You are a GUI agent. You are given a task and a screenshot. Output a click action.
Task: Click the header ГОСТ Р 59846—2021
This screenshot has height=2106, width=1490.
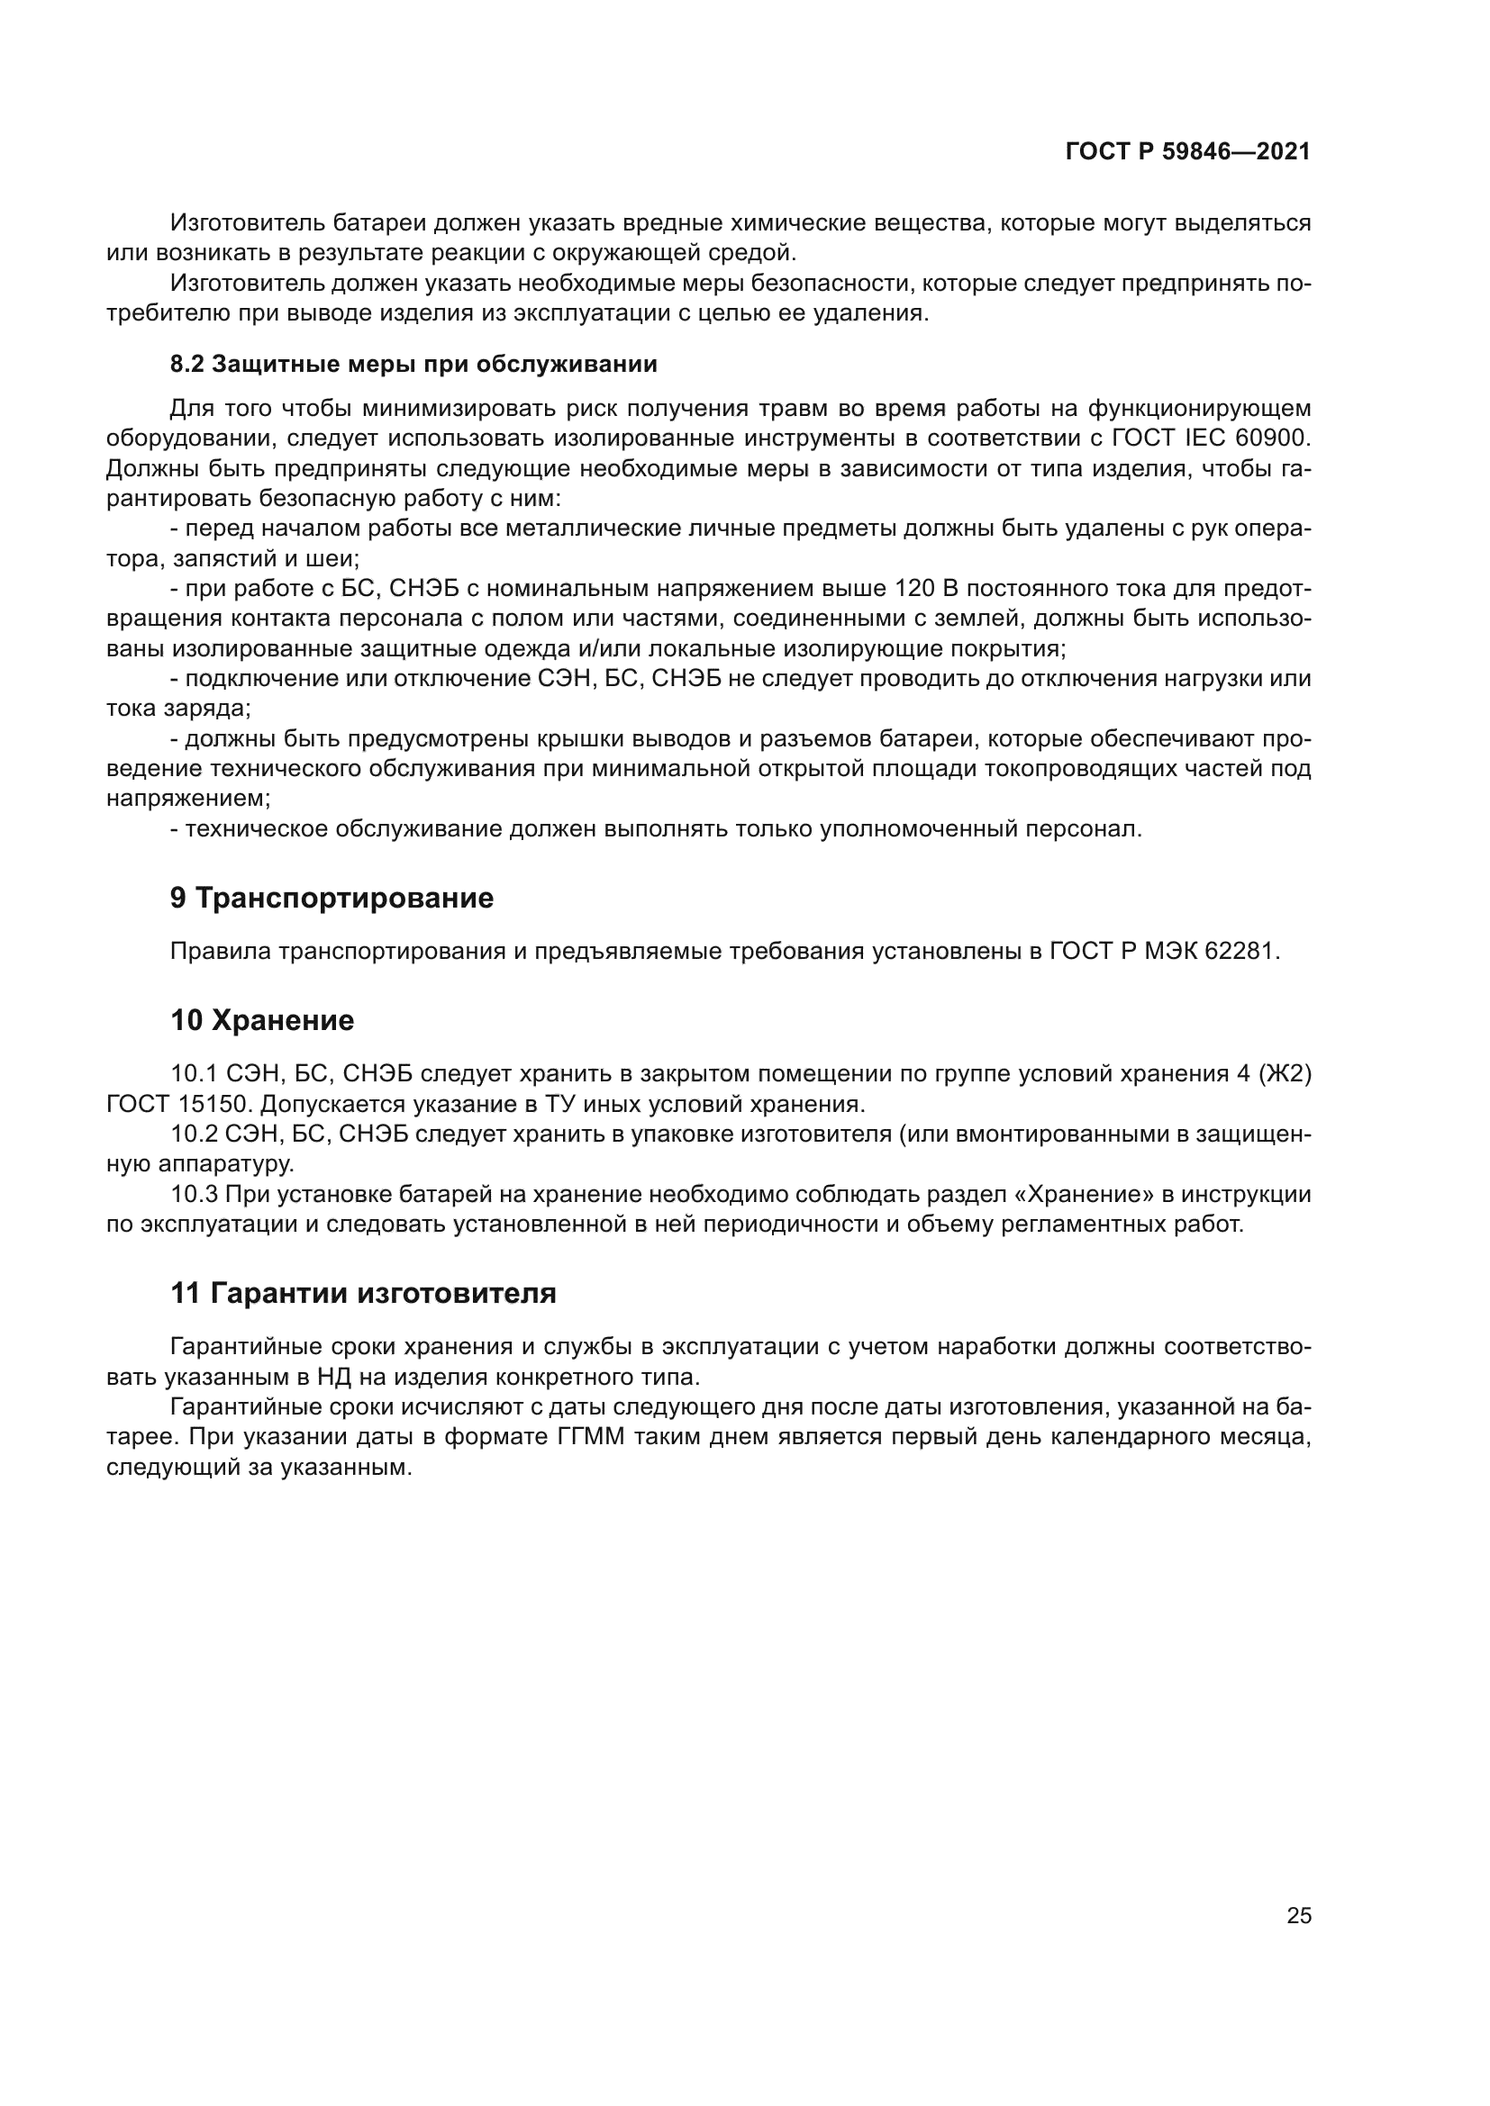[1187, 151]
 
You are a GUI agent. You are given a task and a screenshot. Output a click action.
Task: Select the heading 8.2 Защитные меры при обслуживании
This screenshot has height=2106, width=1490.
[413, 364]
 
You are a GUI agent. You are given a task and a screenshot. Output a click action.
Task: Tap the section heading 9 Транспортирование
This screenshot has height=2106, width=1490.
[332, 898]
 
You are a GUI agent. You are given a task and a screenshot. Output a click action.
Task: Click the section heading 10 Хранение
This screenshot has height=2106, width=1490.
[262, 1020]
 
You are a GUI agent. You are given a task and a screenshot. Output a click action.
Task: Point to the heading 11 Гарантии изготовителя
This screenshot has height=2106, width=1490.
[363, 1293]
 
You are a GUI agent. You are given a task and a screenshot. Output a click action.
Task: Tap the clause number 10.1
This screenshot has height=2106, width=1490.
[191, 1073]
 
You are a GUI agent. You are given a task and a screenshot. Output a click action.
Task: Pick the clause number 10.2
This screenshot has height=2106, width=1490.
[191, 1134]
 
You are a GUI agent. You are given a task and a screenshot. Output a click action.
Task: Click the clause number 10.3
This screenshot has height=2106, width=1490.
[191, 1194]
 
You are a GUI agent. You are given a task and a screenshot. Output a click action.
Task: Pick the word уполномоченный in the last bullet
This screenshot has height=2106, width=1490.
[917, 829]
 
